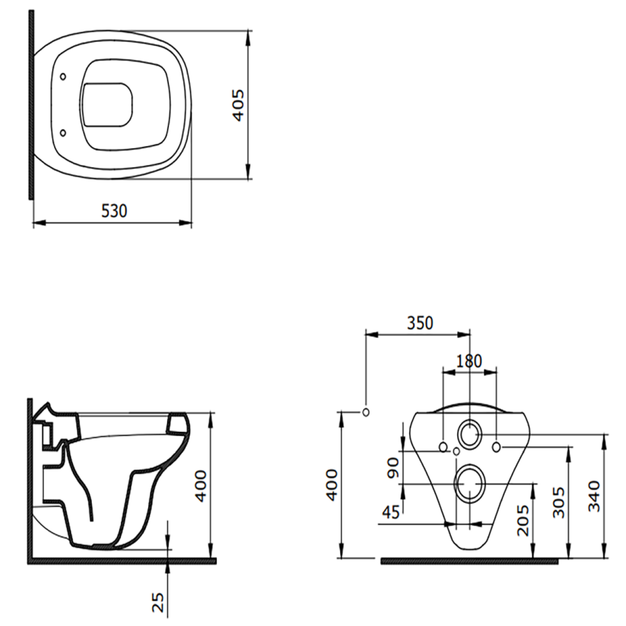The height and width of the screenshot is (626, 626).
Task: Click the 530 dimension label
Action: pyautogui.click(x=114, y=211)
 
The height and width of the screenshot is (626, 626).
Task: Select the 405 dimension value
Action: pyautogui.click(x=239, y=105)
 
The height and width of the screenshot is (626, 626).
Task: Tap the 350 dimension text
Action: pyautogui.click(x=420, y=323)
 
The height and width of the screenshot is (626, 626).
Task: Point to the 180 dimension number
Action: pyautogui.click(x=469, y=361)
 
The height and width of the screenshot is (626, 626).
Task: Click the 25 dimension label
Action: pyautogui.click(x=158, y=602)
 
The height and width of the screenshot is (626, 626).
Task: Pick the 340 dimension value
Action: pyautogui.click(x=594, y=496)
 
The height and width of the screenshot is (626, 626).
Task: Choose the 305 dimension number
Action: pyautogui.click(x=559, y=502)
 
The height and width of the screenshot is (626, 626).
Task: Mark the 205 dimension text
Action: pyautogui.click(x=522, y=520)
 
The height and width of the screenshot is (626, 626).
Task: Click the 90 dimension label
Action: pyautogui.click(x=393, y=468)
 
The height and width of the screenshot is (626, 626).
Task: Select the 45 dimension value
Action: pyautogui.click(x=390, y=512)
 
